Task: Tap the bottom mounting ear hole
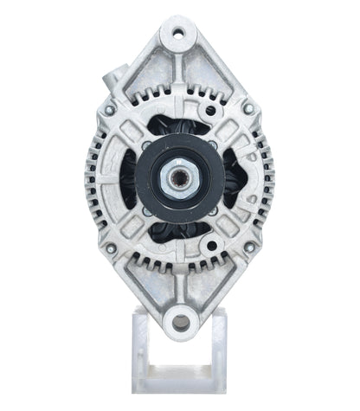coord(180,322)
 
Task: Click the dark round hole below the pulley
coord(180,266)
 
